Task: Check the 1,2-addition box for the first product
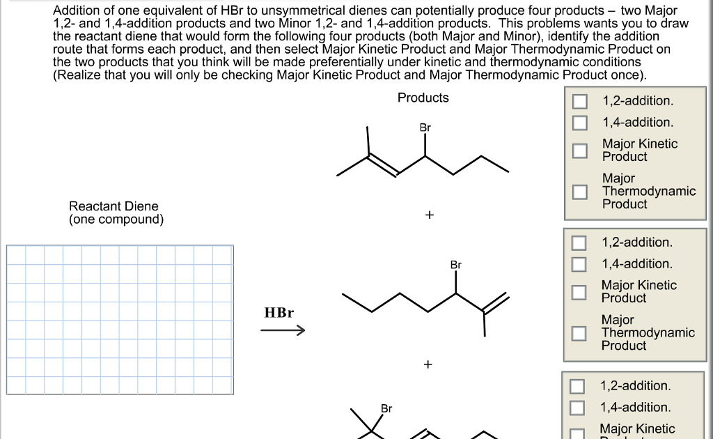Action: [x=580, y=101]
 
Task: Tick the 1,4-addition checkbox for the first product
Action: [x=580, y=123]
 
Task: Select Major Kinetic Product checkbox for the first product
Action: [x=580, y=151]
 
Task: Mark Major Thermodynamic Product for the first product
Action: [x=580, y=192]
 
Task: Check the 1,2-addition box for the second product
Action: [x=579, y=242]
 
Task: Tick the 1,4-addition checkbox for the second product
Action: [x=579, y=264]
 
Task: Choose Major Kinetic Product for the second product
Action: [x=579, y=291]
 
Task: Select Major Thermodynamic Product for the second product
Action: [x=579, y=333]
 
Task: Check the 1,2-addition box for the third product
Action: [x=577, y=386]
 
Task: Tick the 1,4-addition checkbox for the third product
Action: [x=577, y=408]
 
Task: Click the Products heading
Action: [x=423, y=98]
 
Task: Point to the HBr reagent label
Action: [x=279, y=312]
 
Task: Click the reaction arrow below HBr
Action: [x=283, y=331]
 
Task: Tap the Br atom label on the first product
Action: [x=425, y=128]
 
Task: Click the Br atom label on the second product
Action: [x=455, y=265]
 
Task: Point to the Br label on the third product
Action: [x=386, y=408]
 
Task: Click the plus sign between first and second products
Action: [x=429, y=215]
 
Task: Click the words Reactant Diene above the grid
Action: [x=113, y=206]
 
